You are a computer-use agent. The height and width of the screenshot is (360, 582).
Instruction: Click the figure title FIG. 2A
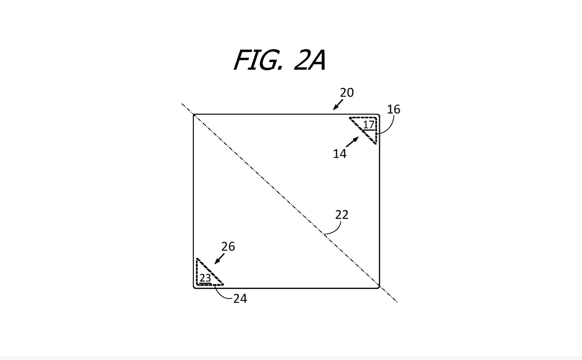280,60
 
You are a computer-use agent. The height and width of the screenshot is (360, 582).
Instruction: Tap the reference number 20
347,92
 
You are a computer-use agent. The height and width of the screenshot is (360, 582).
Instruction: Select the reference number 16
393,109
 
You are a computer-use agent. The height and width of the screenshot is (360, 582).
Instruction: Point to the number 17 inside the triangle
369,125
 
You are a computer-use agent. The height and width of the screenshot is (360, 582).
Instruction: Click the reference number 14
339,154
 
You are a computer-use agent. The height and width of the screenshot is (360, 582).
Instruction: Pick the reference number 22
342,215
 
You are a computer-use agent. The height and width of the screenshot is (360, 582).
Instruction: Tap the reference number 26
228,247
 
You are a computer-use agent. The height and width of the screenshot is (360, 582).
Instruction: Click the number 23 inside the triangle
205,278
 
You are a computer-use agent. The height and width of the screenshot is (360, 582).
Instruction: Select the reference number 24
240,299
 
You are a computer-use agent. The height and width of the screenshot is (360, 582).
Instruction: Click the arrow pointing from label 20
338,105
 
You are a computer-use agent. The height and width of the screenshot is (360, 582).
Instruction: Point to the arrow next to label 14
352,142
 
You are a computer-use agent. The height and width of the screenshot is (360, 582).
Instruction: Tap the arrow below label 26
219,259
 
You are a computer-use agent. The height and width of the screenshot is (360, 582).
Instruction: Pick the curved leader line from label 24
220,294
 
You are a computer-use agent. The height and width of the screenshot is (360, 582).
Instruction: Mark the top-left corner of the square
194,115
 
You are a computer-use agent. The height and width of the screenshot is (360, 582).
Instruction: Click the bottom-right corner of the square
379,288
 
